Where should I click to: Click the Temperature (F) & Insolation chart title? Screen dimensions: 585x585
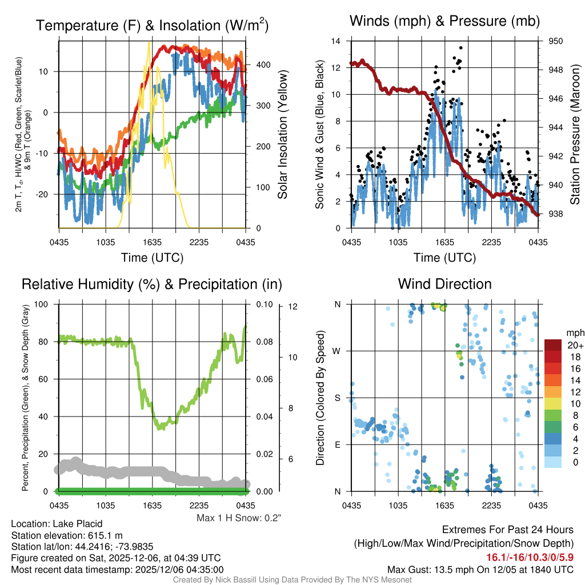[152, 25]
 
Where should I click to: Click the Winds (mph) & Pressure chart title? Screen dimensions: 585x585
[445, 21]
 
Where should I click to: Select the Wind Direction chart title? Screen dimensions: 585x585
[444, 284]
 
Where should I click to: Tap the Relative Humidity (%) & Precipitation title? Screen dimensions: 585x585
[152, 284]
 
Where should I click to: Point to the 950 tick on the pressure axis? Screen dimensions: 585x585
[555, 41]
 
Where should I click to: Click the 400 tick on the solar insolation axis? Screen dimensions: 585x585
[263, 65]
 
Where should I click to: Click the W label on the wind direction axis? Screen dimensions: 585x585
[338, 351]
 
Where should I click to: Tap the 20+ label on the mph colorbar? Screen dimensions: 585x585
[574, 346]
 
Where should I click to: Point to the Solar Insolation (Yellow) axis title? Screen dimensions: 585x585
[282, 135]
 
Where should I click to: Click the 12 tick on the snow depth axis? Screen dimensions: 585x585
[294, 307]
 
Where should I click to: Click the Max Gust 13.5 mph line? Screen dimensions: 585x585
[480, 569]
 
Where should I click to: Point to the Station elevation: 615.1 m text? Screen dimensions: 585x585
[67, 535]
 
